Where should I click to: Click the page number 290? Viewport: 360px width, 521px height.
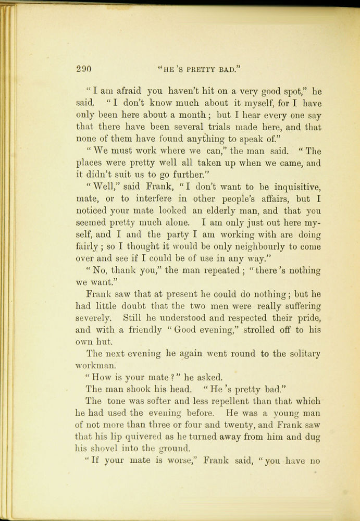pyautogui.click(x=83, y=68)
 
